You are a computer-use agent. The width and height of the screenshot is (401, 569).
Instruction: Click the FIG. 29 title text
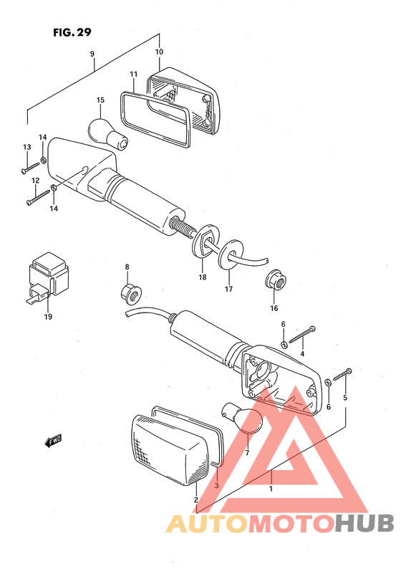(72, 32)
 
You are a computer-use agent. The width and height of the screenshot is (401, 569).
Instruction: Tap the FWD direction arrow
(52, 441)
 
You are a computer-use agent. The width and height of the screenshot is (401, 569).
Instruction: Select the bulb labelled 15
(108, 133)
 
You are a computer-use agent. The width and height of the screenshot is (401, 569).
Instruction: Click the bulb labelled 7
(242, 418)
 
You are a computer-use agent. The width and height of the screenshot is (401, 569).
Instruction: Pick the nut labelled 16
(276, 279)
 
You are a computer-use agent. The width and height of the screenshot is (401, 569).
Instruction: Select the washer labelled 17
(231, 254)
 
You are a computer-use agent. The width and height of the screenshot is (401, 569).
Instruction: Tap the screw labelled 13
(30, 167)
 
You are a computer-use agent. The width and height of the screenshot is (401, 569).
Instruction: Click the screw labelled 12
(38, 196)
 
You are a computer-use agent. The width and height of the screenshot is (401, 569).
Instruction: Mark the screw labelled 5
(342, 375)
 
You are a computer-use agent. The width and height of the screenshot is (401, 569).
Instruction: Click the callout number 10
(159, 52)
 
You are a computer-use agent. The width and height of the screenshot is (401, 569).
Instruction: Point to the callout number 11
(134, 75)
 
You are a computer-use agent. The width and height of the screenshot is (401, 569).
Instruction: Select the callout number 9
(92, 54)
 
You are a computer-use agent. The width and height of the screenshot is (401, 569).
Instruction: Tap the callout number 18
(203, 277)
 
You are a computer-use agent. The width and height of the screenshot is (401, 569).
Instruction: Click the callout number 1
(271, 489)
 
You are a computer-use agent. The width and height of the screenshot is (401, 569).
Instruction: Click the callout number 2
(195, 499)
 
